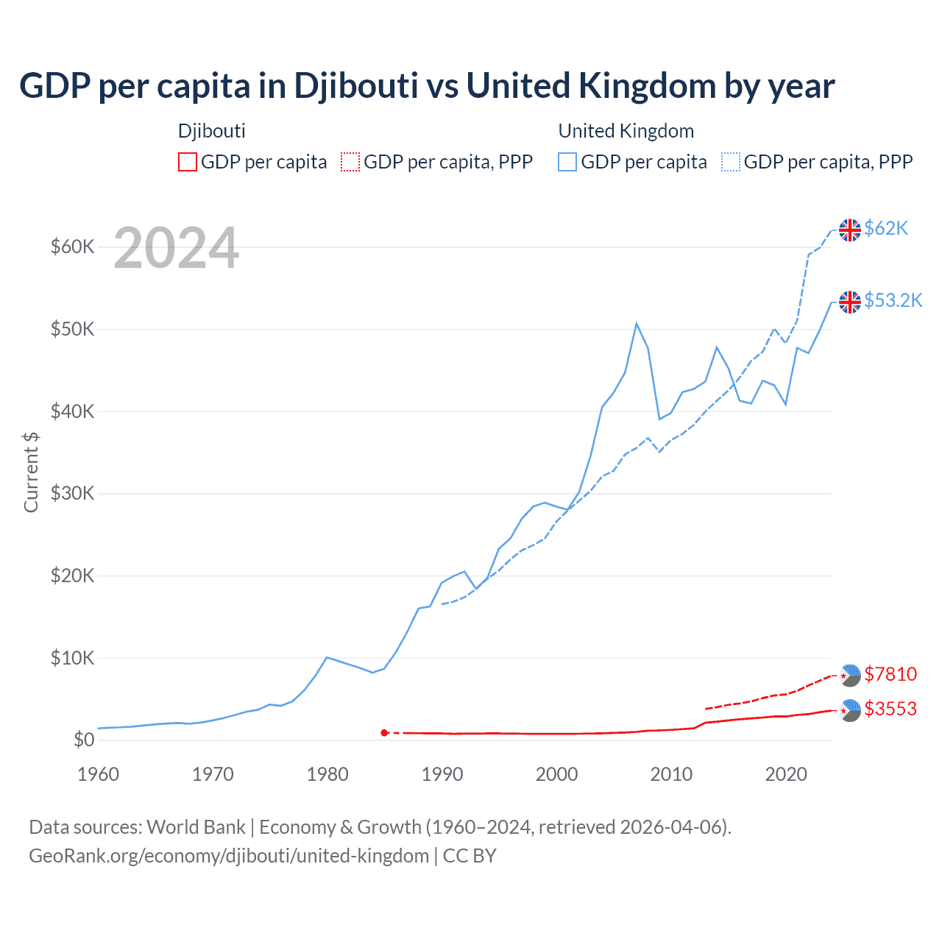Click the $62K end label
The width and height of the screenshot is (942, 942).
click(886, 228)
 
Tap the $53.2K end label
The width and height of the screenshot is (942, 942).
click(893, 300)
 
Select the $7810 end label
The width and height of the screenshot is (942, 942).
click(890, 674)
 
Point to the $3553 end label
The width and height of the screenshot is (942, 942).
click(890, 709)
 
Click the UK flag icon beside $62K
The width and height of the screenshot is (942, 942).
click(850, 230)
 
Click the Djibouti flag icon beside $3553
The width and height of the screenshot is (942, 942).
click(850, 710)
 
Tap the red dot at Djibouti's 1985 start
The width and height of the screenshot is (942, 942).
click(384, 733)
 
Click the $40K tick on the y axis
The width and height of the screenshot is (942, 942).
click(72, 411)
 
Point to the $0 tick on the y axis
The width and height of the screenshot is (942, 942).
click(83, 740)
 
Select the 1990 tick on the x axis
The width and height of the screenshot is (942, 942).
click(442, 774)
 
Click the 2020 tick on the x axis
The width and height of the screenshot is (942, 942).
click(786, 774)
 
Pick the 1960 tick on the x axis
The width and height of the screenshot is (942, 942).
click(98, 774)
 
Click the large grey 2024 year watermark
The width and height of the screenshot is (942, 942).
click(176, 249)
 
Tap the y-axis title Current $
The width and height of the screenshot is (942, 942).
click(31, 472)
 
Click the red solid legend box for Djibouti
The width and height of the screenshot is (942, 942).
click(188, 162)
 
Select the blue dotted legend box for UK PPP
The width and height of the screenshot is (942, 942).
click(730, 162)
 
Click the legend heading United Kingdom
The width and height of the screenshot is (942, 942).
click(626, 131)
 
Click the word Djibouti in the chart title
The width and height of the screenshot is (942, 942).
click(356, 86)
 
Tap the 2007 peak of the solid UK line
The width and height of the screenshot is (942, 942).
click(637, 324)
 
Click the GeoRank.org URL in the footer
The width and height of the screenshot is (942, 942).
click(229, 856)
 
